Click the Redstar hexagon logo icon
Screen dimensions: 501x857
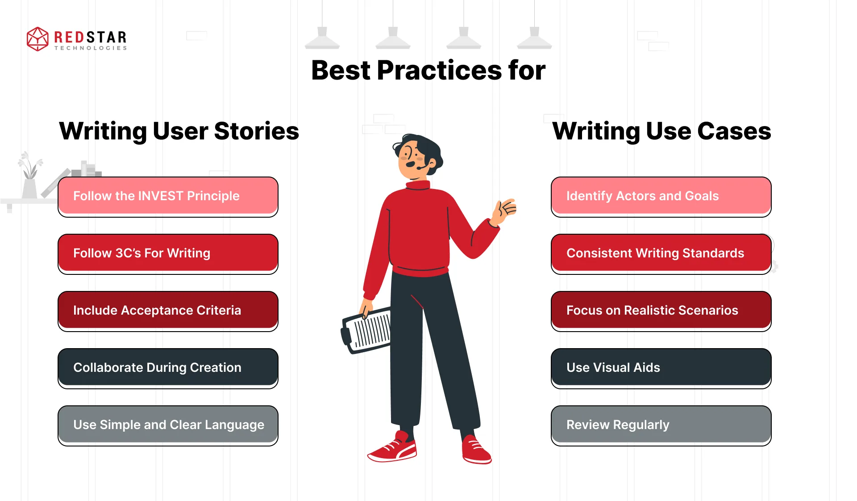click(37, 39)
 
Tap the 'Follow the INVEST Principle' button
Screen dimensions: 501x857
click(168, 196)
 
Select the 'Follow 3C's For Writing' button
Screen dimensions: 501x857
click(168, 253)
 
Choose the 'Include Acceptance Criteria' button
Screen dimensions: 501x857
click(168, 311)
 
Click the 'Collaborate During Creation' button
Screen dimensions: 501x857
click(168, 368)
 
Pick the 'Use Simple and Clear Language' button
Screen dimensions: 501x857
click(168, 425)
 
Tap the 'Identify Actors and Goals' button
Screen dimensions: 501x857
click(661, 196)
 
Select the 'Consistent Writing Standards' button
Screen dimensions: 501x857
click(661, 253)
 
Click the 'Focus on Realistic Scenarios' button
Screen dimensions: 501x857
click(661, 311)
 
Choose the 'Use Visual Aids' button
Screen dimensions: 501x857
click(661, 368)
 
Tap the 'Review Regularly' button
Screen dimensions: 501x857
click(661, 425)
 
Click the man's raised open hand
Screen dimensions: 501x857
click(506, 210)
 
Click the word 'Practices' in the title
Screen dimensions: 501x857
click(439, 71)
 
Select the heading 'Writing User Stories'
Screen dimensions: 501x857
click(179, 131)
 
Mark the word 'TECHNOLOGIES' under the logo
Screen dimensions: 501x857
click(91, 48)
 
